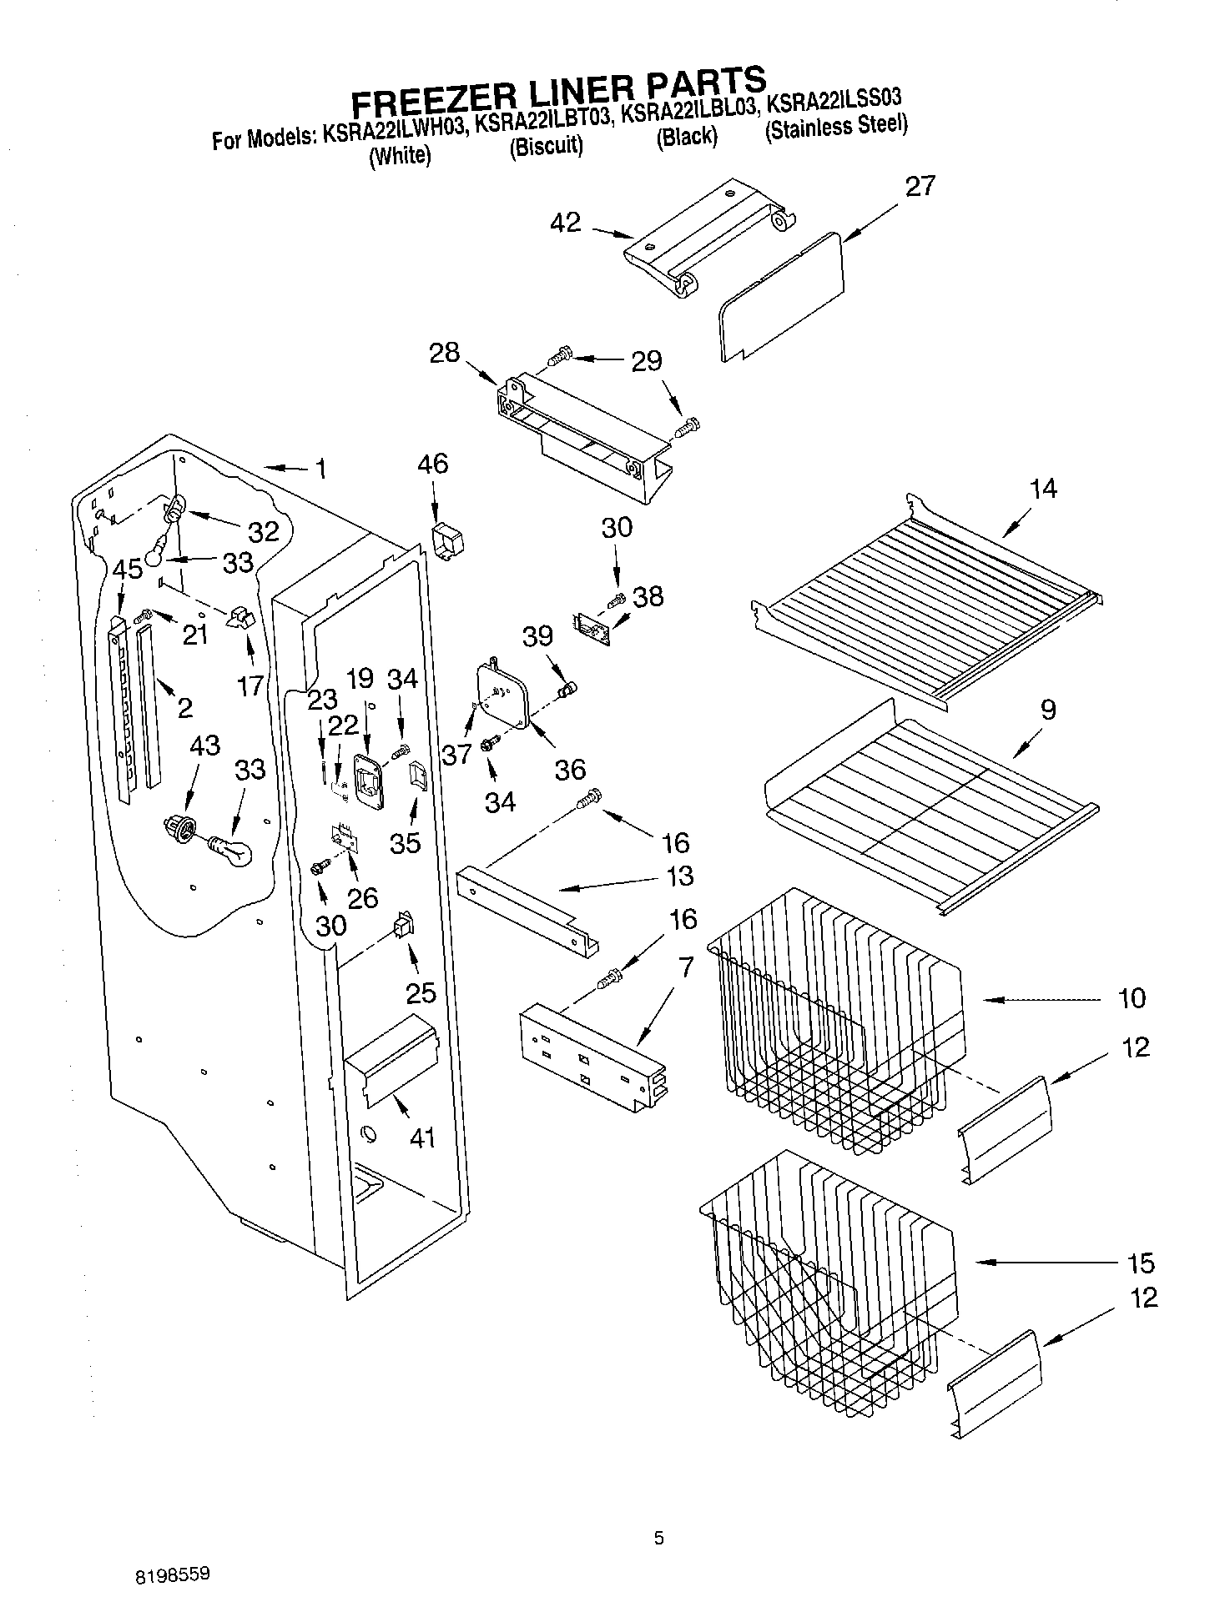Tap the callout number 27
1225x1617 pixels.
coord(920,186)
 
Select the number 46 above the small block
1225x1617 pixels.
coord(431,464)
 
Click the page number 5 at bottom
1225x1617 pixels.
coord(658,1538)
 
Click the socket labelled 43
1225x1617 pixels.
coord(181,829)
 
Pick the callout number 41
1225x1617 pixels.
coord(421,1137)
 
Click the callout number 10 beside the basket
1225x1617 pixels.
coord(1131,998)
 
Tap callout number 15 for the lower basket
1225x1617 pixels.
coord(1140,1263)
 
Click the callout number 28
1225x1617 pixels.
coord(445,353)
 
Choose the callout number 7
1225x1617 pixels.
coord(685,968)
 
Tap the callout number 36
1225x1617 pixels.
coord(570,769)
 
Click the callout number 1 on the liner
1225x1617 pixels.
coord(321,470)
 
